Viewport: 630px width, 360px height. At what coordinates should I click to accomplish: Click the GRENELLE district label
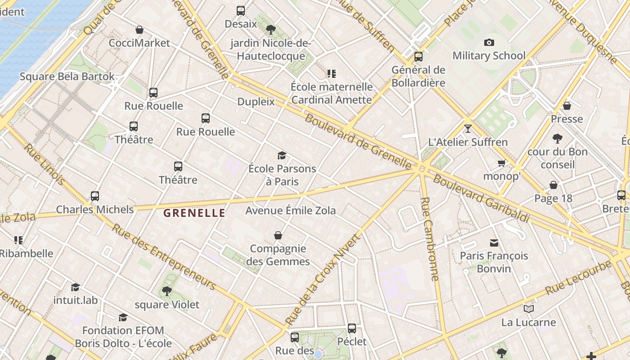(194, 213)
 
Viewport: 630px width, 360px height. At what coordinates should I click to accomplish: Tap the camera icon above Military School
(489, 43)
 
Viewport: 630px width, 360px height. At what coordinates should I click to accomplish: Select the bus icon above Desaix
(241, 11)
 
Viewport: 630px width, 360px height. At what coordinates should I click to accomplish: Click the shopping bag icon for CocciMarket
(139, 30)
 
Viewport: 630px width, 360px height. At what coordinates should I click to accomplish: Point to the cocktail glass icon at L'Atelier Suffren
(468, 129)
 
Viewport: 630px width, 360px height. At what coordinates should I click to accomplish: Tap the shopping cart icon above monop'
(501, 163)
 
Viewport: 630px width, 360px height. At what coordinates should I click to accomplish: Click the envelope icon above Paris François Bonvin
(494, 243)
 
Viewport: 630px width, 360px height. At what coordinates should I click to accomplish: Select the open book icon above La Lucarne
(528, 309)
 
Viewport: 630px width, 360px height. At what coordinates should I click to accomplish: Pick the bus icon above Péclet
(352, 328)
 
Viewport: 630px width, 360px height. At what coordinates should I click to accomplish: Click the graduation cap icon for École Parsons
(282, 156)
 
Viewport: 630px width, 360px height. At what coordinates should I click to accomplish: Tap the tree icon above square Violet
(167, 291)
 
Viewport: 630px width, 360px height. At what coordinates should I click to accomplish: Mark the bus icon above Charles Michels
(94, 196)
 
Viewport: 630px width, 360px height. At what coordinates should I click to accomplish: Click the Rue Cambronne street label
(429, 238)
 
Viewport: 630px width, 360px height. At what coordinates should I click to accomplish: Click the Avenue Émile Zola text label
(290, 210)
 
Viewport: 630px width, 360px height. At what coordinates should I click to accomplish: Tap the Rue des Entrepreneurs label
(164, 256)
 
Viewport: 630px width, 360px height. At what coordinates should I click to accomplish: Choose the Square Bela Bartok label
(67, 76)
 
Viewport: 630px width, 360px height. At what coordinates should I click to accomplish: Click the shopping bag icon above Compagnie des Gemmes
(278, 235)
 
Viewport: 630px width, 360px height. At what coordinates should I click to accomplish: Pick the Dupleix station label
(256, 102)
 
